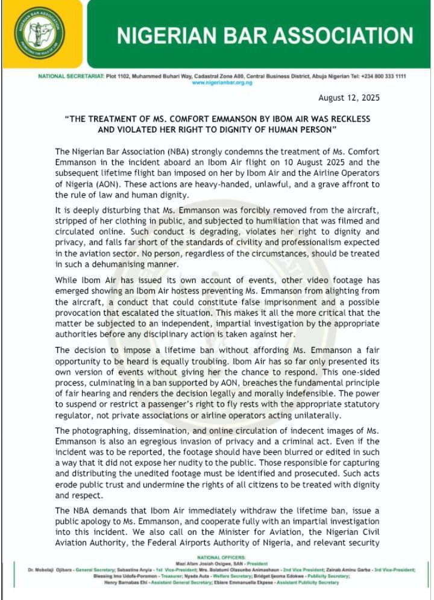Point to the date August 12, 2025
coord(349,98)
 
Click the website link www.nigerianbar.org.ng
coord(222,83)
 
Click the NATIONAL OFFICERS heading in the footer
coord(222,558)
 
